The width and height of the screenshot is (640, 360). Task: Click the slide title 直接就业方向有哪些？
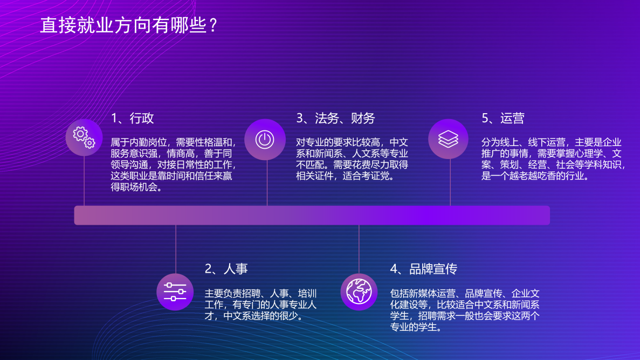click(128, 25)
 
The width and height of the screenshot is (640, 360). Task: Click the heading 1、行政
click(132, 119)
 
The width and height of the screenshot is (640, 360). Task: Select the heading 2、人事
click(226, 269)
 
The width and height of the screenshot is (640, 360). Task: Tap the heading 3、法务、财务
click(335, 119)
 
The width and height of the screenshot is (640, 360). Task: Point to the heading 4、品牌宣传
click(423, 269)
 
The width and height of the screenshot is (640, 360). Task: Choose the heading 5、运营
click(503, 119)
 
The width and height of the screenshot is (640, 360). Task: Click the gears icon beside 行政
click(84, 137)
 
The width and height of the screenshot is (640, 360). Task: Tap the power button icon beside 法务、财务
click(265, 140)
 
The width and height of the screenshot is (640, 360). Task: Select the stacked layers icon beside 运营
click(448, 139)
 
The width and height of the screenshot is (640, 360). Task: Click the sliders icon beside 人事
click(175, 292)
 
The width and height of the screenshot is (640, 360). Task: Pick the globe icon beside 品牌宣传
click(359, 292)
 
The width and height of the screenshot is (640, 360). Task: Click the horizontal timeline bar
click(312, 215)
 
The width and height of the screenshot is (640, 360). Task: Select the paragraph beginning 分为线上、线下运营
click(553, 159)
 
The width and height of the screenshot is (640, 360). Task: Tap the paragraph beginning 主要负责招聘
click(260, 304)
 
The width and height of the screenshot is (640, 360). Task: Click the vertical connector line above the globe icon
click(359, 249)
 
